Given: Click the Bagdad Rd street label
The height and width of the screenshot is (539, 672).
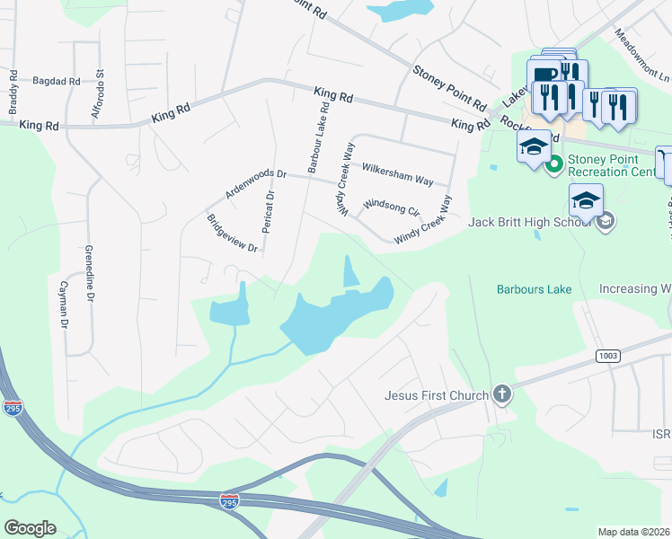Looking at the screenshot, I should [x=56, y=81].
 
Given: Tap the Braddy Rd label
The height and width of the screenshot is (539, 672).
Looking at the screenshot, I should [x=13, y=93].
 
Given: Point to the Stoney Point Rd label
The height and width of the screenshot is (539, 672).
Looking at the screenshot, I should [x=449, y=86].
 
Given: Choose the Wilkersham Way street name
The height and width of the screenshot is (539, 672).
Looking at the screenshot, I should [x=397, y=173].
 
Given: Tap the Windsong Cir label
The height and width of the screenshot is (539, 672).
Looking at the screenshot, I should [x=392, y=208].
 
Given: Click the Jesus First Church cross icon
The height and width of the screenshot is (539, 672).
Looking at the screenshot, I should [x=501, y=394].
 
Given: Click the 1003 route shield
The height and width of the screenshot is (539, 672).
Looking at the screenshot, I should [x=607, y=357].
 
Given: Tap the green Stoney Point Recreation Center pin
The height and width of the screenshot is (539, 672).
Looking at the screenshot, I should [x=555, y=163].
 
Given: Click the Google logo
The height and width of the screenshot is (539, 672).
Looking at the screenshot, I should [x=30, y=528].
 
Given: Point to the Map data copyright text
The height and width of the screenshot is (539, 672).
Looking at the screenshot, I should [x=634, y=532].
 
